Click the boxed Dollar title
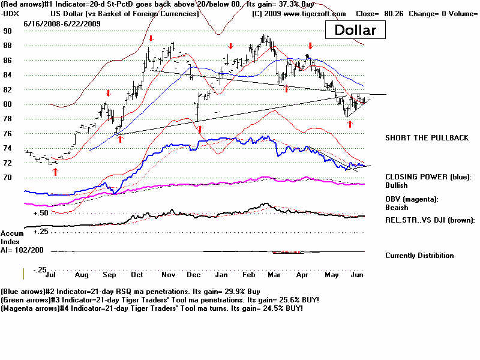pos(355,30)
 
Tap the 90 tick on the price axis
pos(7,31)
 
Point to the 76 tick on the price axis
pos(7,134)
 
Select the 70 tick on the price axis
pos(7,178)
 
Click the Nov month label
pos(168,275)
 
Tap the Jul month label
pos(51,275)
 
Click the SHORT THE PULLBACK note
pos(427,138)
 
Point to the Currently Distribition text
pos(419,256)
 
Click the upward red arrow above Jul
pos(55,172)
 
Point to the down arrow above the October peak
pos(151,39)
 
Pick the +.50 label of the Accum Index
pos(41,213)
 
